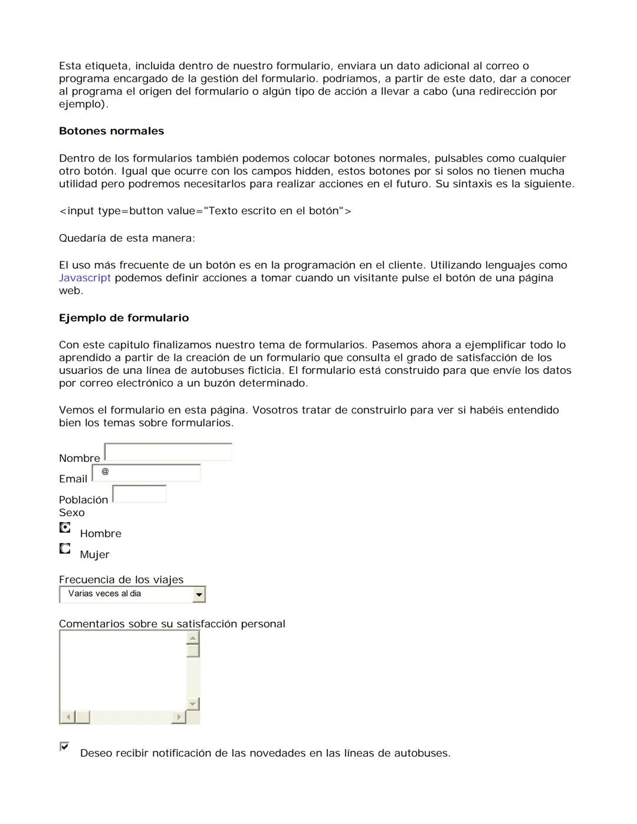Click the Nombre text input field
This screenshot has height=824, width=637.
coord(168,452)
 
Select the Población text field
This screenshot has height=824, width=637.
coord(139,494)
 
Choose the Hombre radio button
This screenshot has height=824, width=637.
coord(65,527)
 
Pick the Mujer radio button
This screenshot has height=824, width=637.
coord(65,549)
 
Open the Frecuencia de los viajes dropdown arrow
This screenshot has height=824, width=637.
coord(199,595)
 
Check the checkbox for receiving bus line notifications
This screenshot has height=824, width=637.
coord(64,747)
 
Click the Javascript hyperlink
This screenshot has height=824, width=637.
coord(84,278)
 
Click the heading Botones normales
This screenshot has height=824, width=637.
coord(111,131)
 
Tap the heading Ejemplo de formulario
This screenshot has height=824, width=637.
coord(124,318)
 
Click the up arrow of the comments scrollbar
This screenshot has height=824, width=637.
coord(192,638)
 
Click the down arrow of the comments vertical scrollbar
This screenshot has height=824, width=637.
coord(192,704)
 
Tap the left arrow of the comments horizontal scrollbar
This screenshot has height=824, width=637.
coord(67,717)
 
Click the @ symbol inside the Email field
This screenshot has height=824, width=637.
coord(105,471)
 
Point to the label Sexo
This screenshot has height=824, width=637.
coord(71,513)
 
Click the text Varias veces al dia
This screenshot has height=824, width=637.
coord(104,594)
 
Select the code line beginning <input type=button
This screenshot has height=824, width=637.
coord(205,211)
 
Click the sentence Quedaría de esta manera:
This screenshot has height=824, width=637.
coord(127,238)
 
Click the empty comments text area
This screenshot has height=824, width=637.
coord(123,670)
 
